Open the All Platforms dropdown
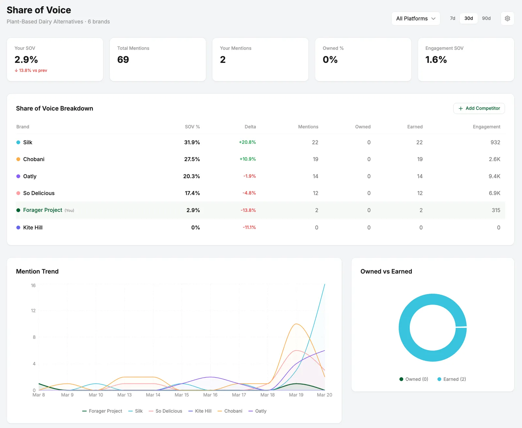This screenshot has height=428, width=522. [x=416, y=19]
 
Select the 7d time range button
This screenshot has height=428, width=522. [x=453, y=19]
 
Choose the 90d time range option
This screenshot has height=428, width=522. [x=486, y=19]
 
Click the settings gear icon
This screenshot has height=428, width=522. [x=507, y=19]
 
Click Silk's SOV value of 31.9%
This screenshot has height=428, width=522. [x=192, y=142]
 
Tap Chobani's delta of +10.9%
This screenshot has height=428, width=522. [x=248, y=159]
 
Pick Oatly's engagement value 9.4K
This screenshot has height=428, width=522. [x=494, y=176]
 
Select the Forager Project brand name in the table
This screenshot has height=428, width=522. [x=42, y=210]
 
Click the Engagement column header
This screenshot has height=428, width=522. [x=486, y=126]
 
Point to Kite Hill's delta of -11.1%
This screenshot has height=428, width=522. [x=249, y=227]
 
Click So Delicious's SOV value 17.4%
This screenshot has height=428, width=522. [x=192, y=193]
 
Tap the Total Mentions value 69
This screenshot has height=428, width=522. [x=123, y=60]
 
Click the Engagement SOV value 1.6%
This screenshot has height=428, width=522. [x=436, y=60]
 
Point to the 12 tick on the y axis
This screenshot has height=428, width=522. [x=33, y=311]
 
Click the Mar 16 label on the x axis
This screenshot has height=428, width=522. [x=210, y=395]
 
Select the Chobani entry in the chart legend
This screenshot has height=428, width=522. [x=230, y=411]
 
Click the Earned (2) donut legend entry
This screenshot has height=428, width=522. [x=452, y=379]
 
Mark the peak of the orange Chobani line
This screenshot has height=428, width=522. [x=296, y=324]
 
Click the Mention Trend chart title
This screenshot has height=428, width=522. [x=38, y=271]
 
